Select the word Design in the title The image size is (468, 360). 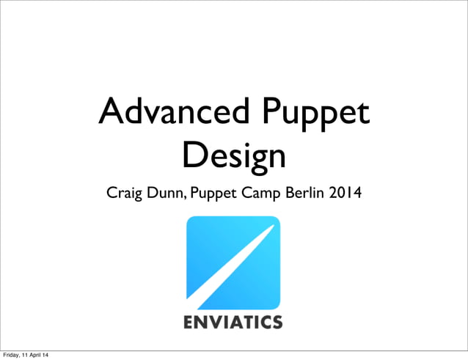(x=234, y=155)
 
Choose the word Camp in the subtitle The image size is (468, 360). (x=266, y=195)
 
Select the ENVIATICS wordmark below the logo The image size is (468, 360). (x=233, y=322)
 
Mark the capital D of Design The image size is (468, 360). (x=194, y=155)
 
